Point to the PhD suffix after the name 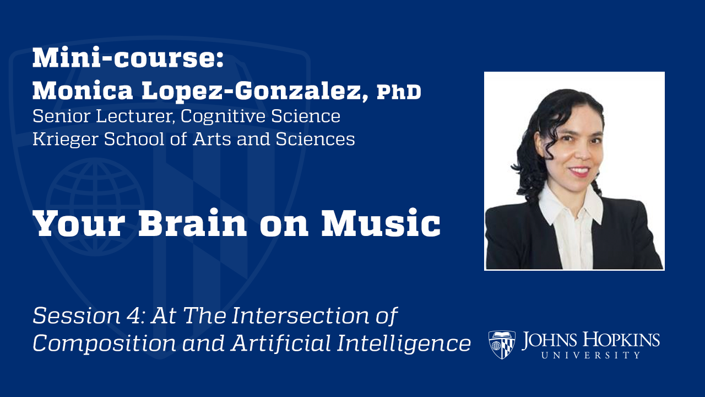click(x=399, y=93)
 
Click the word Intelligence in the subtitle click(x=405, y=343)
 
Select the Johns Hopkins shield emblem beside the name click(x=502, y=345)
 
